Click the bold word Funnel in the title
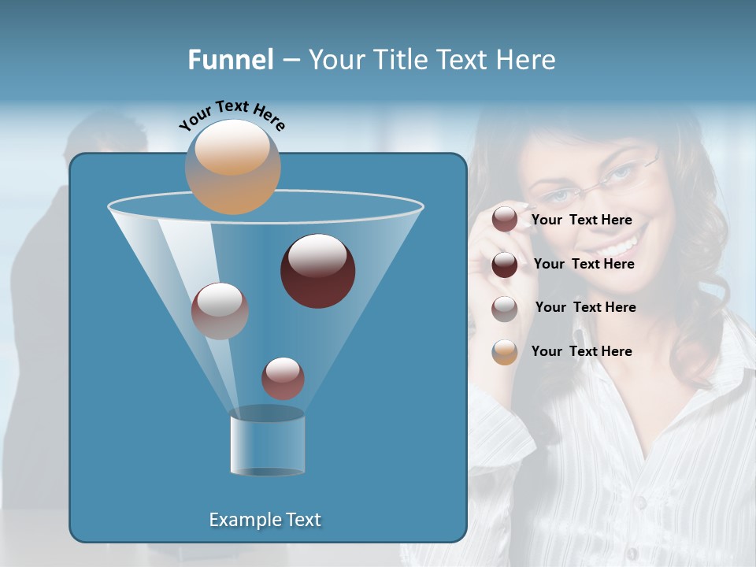coord(230,60)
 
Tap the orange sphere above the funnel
coord(233,167)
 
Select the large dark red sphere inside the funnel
coord(318,271)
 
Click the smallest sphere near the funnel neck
coord(283,378)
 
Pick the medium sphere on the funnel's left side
coord(220,311)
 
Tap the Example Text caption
coord(265,520)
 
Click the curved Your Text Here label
coord(232,115)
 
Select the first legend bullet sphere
coord(505,220)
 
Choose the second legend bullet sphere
coord(505,265)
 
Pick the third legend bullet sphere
coord(505,309)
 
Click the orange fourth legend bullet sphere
coord(505,352)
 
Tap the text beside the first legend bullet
coord(581,220)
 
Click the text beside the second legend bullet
coord(584,264)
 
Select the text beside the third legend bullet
coord(585,307)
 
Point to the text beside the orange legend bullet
coord(581,351)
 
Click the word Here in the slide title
coord(526,60)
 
